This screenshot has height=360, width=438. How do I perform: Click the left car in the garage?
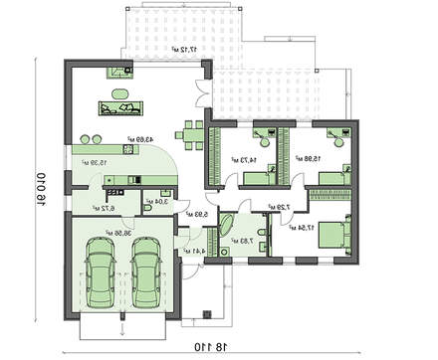click(101, 274)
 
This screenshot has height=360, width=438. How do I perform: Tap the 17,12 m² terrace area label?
click(180, 47)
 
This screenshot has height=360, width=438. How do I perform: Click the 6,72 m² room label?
click(104, 208)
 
